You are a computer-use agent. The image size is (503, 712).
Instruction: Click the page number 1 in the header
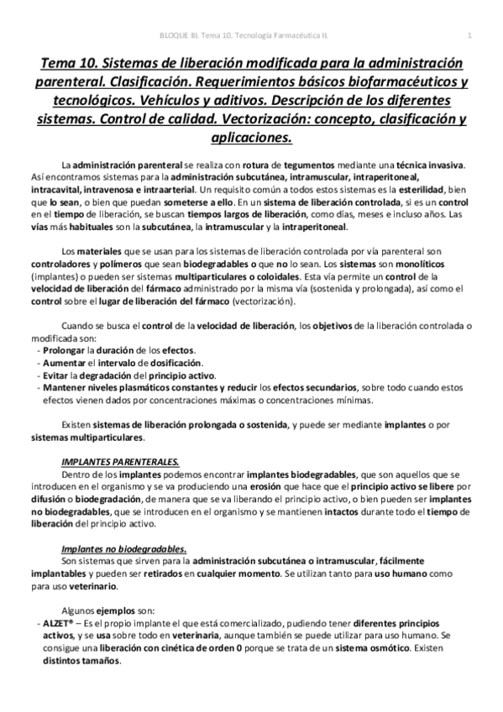pyautogui.click(x=469, y=34)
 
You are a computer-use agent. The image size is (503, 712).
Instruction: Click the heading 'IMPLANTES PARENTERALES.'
pyautogui.click(x=120, y=461)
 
